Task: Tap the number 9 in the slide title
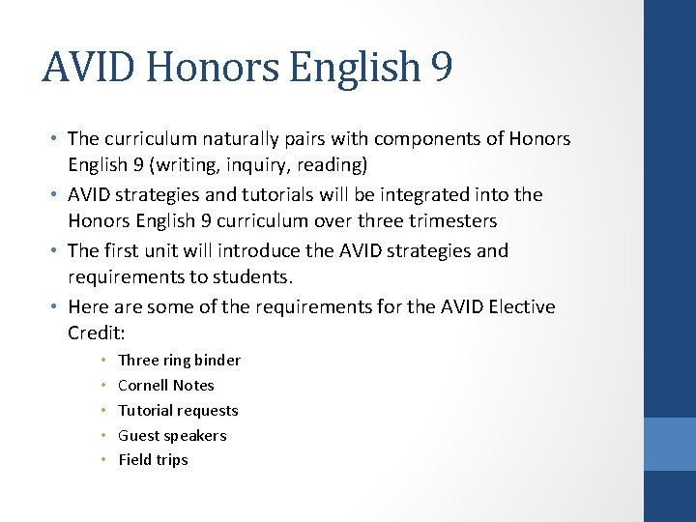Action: tap(441, 69)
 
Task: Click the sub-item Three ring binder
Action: tap(179, 361)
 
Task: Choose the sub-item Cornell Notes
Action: tap(165, 386)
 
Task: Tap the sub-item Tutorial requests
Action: tap(178, 411)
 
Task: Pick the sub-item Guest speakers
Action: tap(172, 436)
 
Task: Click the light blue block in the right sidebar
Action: tap(670, 444)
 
